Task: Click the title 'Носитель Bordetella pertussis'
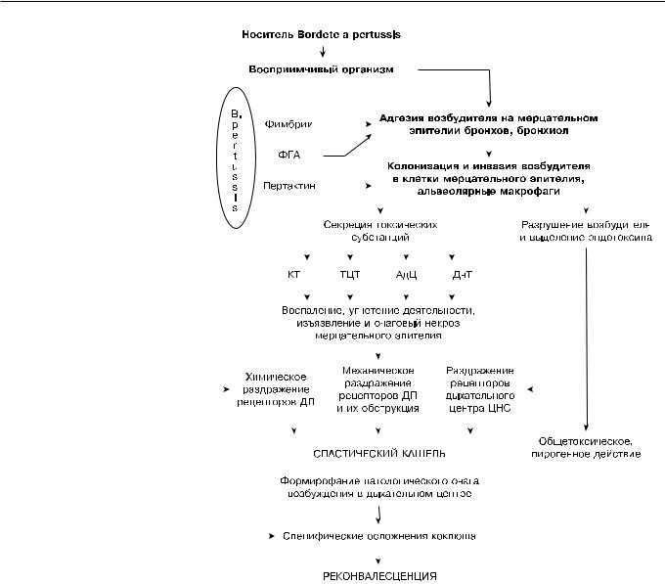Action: (322, 35)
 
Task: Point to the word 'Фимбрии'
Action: (284, 124)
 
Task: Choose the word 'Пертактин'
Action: (288, 185)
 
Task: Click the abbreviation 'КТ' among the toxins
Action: (293, 275)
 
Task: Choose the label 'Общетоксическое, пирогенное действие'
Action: (587, 447)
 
